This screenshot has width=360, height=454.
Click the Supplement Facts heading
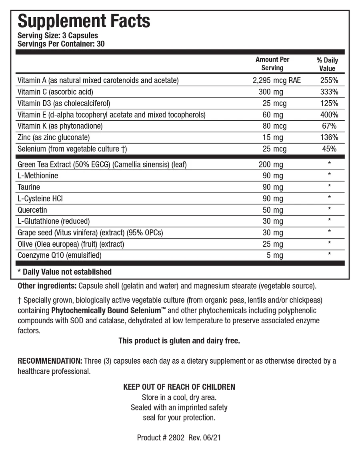(x=84, y=21)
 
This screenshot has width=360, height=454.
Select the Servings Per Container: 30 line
(x=61, y=44)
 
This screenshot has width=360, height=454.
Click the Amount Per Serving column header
(x=272, y=64)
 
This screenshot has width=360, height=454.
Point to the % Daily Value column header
(x=327, y=64)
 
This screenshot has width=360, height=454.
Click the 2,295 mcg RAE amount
(x=277, y=80)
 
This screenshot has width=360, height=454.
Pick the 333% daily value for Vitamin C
(x=329, y=92)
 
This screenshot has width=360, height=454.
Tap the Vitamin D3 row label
(x=64, y=104)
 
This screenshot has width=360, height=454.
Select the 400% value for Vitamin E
(x=329, y=115)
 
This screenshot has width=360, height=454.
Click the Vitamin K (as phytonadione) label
(x=60, y=126)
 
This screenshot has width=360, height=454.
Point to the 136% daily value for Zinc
(x=329, y=137)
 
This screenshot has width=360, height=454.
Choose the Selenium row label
(x=72, y=149)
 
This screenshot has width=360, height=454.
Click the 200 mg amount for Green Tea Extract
(x=271, y=164)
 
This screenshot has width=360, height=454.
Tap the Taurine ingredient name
(x=29, y=187)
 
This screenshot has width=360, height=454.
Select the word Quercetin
(x=32, y=210)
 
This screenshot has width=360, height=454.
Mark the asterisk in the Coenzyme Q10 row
(x=329, y=254)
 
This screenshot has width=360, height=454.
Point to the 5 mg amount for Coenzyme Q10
(x=275, y=255)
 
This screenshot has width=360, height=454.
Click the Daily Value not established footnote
(x=65, y=272)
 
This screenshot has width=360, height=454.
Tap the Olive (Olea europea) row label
(x=71, y=244)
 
